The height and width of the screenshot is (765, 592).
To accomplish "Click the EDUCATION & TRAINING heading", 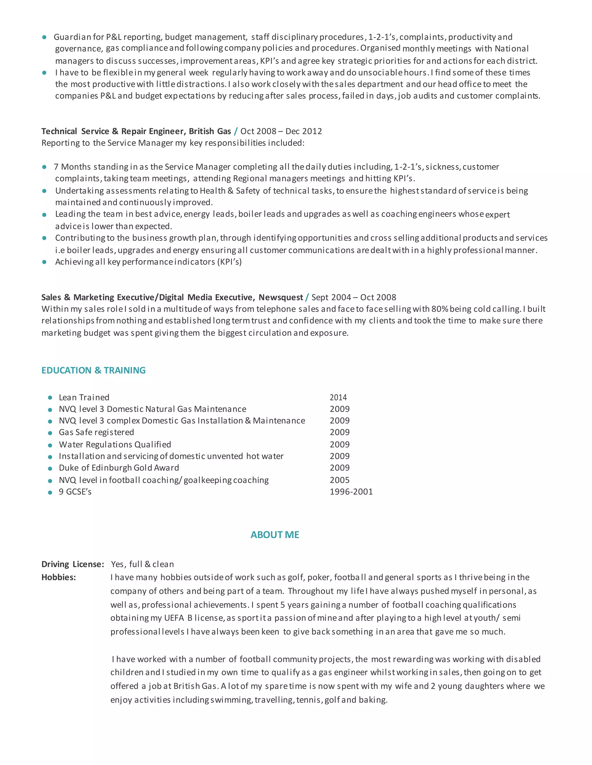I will (x=93, y=370).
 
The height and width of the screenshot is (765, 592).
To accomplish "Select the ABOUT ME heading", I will (x=275, y=535).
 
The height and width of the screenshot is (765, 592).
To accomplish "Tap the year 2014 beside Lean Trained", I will (x=338, y=397).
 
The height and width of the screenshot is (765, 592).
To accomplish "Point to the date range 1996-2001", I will (x=351, y=492).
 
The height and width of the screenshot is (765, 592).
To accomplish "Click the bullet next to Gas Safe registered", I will (x=50, y=433).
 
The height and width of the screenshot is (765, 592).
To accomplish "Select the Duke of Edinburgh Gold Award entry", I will (x=119, y=468).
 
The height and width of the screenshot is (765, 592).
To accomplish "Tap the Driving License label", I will (x=73, y=564).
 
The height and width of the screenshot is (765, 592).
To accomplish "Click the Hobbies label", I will (x=59, y=577).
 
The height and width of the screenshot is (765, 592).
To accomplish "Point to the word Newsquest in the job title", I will (x=281, y=297).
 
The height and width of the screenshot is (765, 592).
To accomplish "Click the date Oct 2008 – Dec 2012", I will (x=281, y=131).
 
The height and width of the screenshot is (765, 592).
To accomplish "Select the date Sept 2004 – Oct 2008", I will (x=354, y=297).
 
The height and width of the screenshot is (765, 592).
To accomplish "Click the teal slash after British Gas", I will (x=236, y=131).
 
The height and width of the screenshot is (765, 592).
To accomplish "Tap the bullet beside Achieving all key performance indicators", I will (x=44, y=262).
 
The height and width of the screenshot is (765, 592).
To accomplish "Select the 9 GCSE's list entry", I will (x=75, y=492).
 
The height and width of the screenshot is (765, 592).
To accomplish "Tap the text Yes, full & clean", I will (x=143, y=564).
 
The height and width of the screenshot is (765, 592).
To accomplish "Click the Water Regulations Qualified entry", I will (x=115, y=445).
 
